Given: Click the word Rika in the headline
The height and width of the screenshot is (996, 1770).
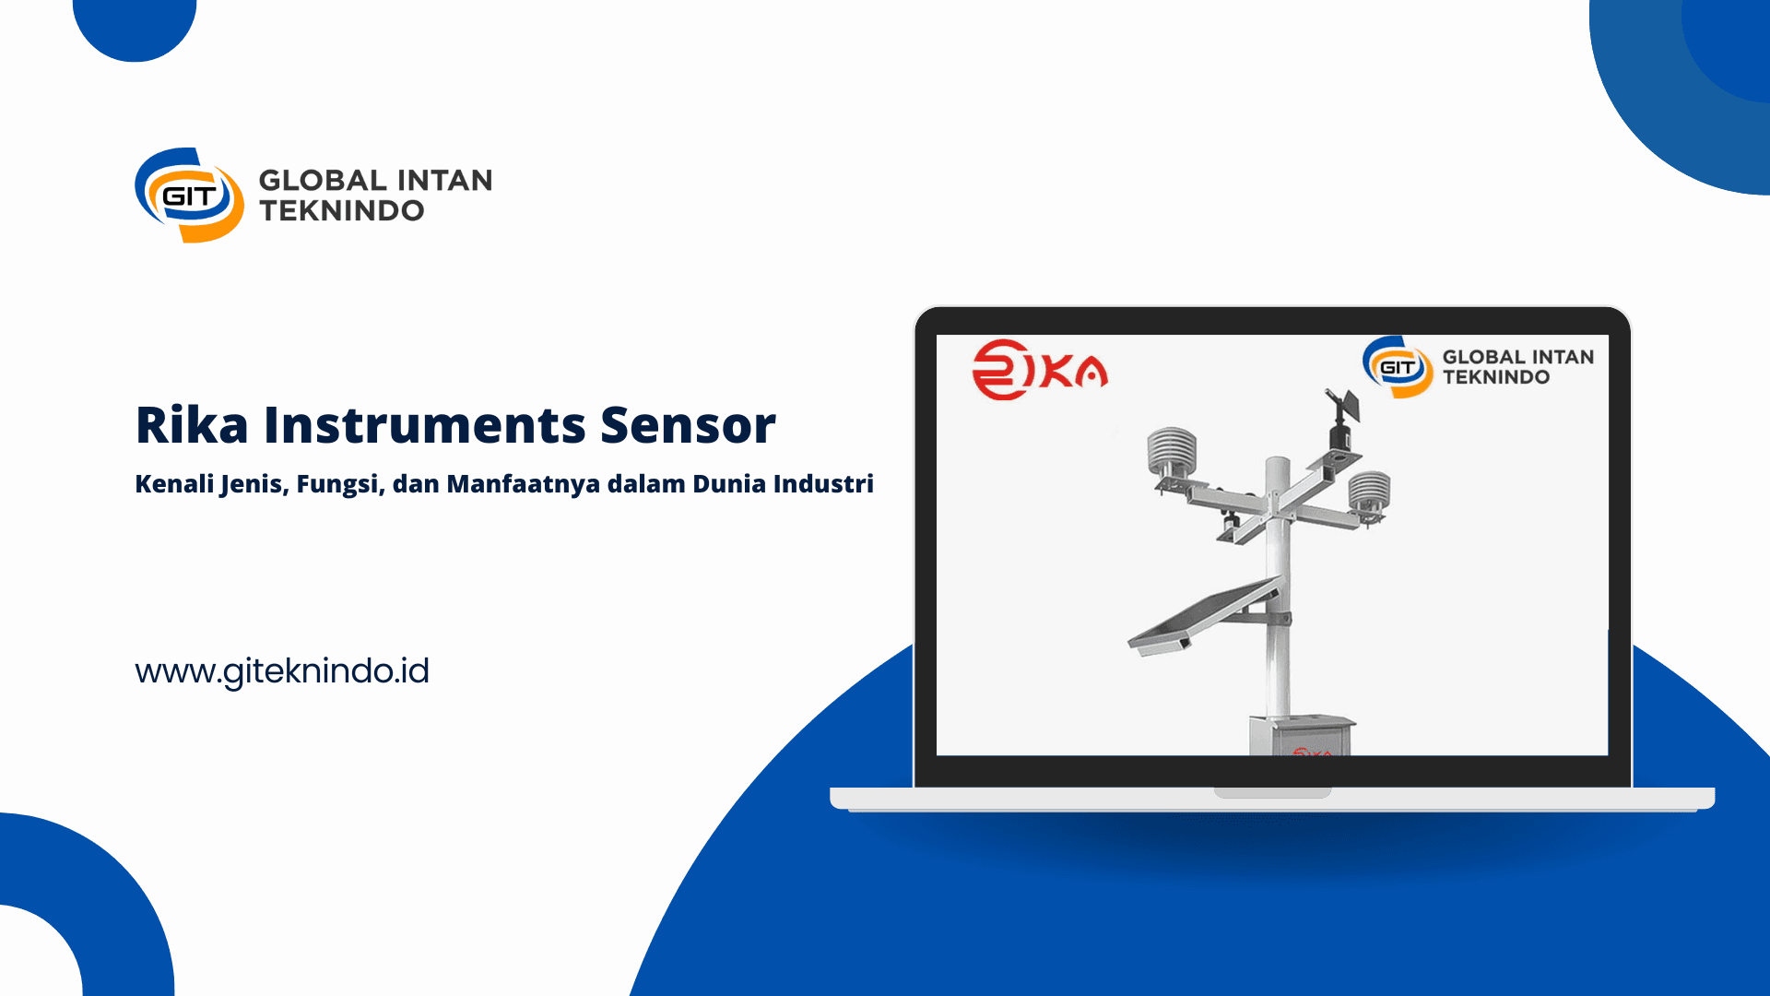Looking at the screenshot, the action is click(x=192, y=425).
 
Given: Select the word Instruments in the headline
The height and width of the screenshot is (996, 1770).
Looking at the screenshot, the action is click(x=425, y=425).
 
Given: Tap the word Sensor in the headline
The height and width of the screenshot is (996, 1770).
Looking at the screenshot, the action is click(x=688, y=425).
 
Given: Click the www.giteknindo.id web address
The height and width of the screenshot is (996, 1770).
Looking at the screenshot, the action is click(x=282, y=671).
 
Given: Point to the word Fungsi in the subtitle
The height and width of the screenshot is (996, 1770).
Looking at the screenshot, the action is click(x=339, y=484).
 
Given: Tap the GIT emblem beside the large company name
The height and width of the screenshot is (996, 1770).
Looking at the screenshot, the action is click(x=190, y=195).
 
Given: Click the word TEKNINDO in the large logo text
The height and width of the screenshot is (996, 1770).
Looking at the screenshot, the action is click(x=342, y=211).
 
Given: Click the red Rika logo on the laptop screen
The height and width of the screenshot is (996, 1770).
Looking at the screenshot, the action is click(x=1040, y=370).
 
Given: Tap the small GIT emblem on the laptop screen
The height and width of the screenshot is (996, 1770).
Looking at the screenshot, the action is click(x=1398, y=367).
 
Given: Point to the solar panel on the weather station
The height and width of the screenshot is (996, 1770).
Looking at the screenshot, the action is click(x=1204, y=616).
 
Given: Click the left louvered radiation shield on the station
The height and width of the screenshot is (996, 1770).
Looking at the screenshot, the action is click(x=1172, y=454).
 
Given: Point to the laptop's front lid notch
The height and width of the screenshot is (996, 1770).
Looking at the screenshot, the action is click(x=1272, y=792).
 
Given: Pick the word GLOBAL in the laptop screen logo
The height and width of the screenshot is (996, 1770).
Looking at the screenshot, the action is click(x=1483, y=357).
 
